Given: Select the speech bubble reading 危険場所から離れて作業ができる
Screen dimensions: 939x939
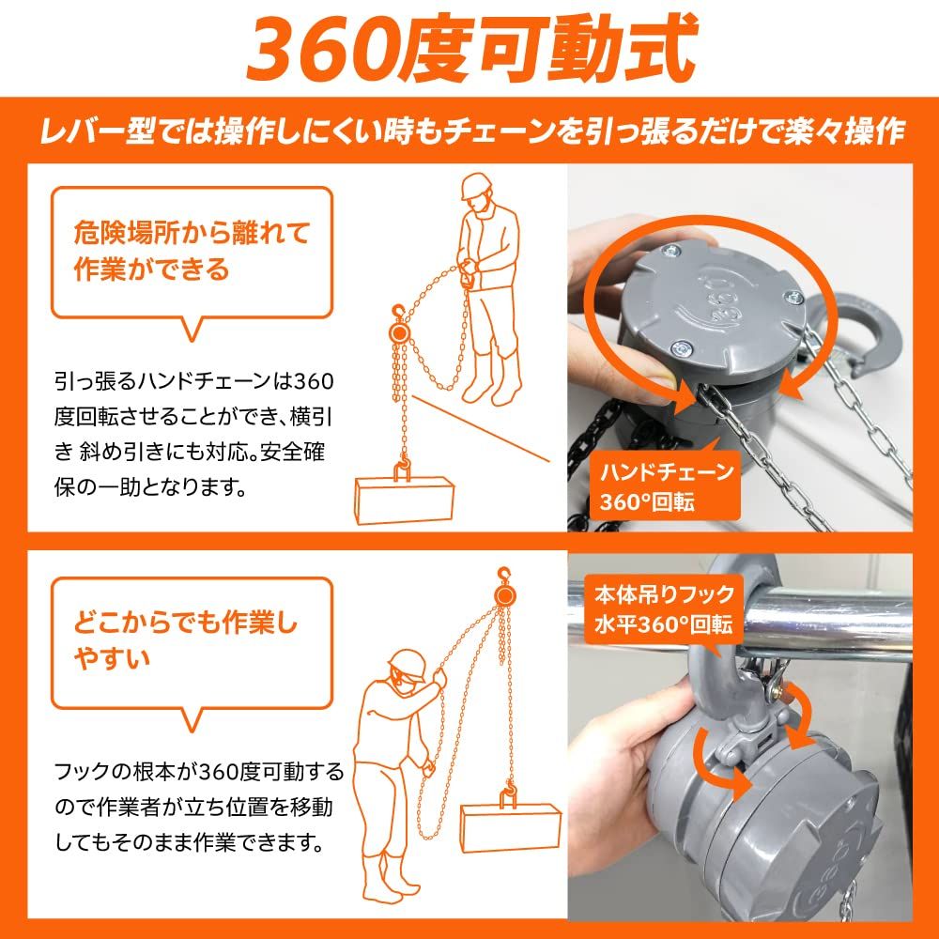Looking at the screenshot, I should click(x=192, y=252).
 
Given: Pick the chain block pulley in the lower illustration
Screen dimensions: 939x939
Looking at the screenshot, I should click(x=506, y=595).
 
